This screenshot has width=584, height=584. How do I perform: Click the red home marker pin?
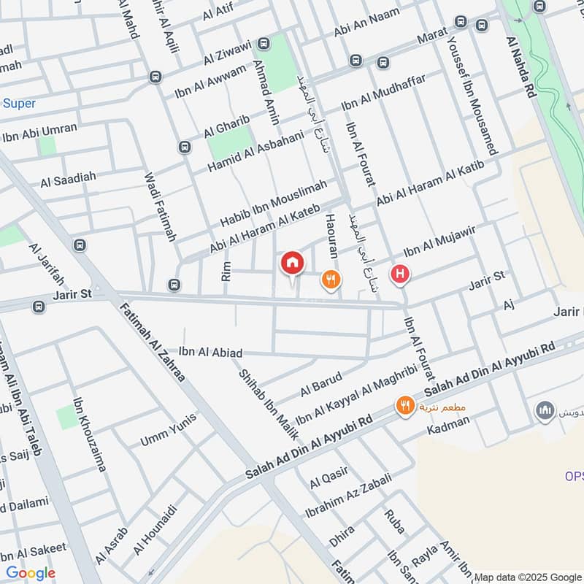click(292, 263)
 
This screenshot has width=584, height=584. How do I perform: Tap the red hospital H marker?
click(400, 274)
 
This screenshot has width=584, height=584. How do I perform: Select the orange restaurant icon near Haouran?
click(331, 278)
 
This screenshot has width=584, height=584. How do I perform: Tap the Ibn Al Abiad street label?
click(210, 353)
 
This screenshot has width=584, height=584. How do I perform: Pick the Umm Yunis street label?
click(169, 431)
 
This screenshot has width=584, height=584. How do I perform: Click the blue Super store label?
click(19, 104)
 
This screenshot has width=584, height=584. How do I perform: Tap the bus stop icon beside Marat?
click(481, 25)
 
